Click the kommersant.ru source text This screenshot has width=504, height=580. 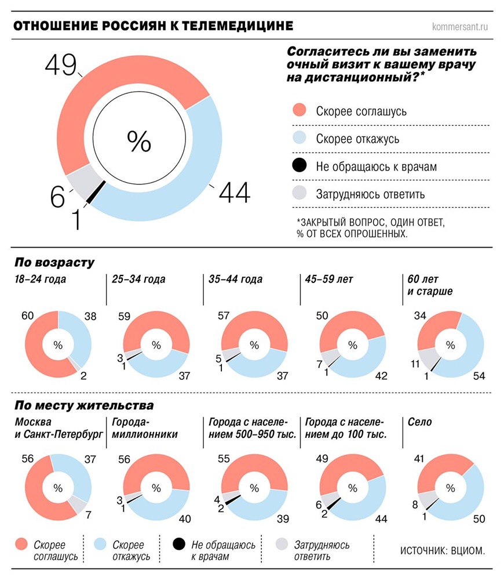click(461, 26)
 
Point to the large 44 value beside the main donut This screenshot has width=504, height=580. click(234, 193)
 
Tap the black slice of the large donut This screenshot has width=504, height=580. click(97, 192)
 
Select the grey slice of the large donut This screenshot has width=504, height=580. click(81, 180)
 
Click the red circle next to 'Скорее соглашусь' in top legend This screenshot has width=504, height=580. click(299, 111)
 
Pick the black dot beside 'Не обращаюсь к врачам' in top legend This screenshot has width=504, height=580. click(299, 166)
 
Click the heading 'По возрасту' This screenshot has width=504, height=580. click(54, 262)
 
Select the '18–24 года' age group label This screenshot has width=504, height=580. click(41, 279)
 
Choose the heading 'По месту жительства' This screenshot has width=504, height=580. click(84, 405)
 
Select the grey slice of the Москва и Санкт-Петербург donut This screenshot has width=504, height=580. click(76, 504)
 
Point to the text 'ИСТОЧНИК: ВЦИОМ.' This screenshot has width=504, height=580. click(441, 549)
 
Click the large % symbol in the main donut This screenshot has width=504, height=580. click(139, 141)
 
